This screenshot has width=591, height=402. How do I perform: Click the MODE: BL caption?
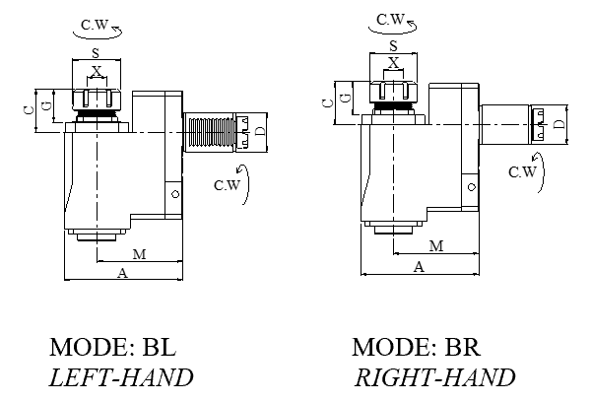click(x=117, y=347)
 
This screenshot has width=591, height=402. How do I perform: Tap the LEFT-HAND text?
click(x=121, y=377)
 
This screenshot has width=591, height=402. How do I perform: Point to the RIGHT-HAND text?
click(x=434, y=377)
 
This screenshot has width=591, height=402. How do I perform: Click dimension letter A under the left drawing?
click(x=122, y=273)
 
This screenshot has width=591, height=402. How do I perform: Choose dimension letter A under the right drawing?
click(x=419, y=266)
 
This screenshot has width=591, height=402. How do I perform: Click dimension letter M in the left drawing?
click(x=139, y=254)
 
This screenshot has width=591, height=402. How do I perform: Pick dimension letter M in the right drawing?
click(x=434, y=244)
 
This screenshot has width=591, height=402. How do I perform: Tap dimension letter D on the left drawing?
click(x=260, y=131)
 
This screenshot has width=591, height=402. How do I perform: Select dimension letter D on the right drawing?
click(x=558, y=123)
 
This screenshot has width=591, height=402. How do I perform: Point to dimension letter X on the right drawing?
click(x=394, y=61)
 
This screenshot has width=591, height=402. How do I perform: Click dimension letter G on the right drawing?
click(x=343, y=97)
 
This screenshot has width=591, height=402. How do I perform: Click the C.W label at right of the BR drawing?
click(x=522, y=171)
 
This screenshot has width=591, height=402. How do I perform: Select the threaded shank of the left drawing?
click(x=209, y=132)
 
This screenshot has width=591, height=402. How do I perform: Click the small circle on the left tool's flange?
click(x=173, y=194)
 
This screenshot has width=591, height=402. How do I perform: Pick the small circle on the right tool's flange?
click(x=472, y=185)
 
